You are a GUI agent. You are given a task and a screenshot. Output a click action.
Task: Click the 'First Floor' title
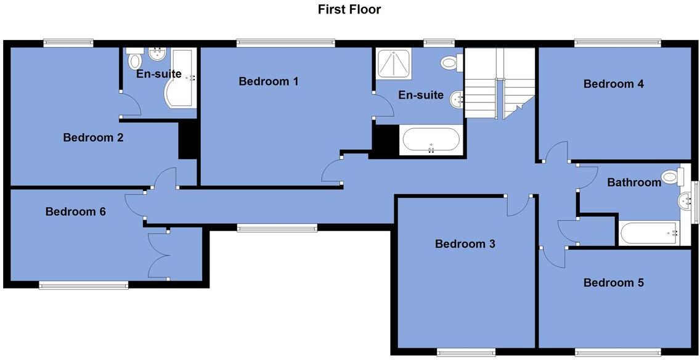[349, 9]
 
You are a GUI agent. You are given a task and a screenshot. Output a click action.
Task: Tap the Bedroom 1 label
[269, 81]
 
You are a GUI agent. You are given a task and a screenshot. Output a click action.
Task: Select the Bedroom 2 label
[93, 137]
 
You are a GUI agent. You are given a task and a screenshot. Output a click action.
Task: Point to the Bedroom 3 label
[465, 243]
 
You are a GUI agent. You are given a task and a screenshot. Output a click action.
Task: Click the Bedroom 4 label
[614, 84]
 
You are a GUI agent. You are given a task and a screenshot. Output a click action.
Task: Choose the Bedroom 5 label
[614, 283]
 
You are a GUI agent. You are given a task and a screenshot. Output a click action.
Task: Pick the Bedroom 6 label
[76, 211]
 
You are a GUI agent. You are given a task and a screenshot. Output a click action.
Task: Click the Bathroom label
[634, 182]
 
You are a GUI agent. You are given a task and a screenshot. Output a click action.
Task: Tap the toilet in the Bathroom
[670, 178]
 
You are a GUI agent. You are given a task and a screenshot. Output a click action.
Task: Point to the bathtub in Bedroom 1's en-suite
[431, 141]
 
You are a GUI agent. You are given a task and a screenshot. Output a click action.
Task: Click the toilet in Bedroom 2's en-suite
[134, 61]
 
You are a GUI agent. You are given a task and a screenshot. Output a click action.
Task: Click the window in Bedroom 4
[617, 43]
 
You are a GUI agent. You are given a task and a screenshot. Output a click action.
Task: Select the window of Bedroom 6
[83, 285]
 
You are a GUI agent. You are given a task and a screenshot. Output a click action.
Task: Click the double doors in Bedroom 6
[158, 255]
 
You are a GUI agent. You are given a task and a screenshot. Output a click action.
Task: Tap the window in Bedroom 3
[466, 353]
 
